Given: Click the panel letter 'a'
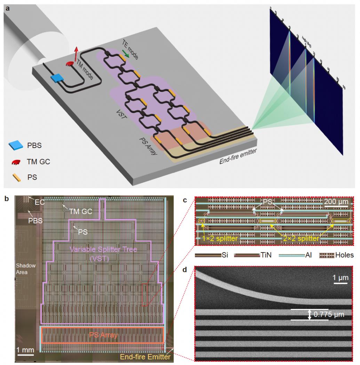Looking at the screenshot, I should click(7, 8).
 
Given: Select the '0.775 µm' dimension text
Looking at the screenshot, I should click(329, 315).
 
